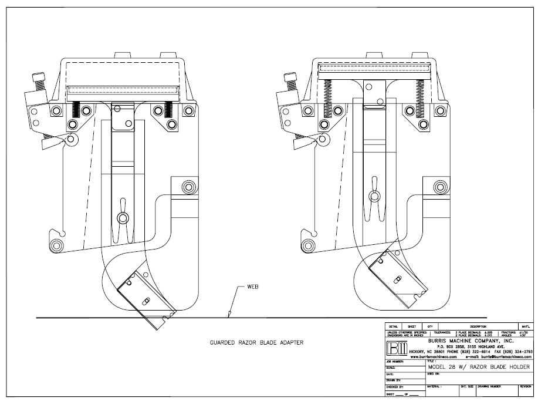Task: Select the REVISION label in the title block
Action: click(525, 387)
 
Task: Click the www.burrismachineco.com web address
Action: click(434, 356)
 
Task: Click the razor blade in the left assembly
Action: click(147, 298)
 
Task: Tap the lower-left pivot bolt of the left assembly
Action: click(57, 245)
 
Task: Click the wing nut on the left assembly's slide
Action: click(121, 218)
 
